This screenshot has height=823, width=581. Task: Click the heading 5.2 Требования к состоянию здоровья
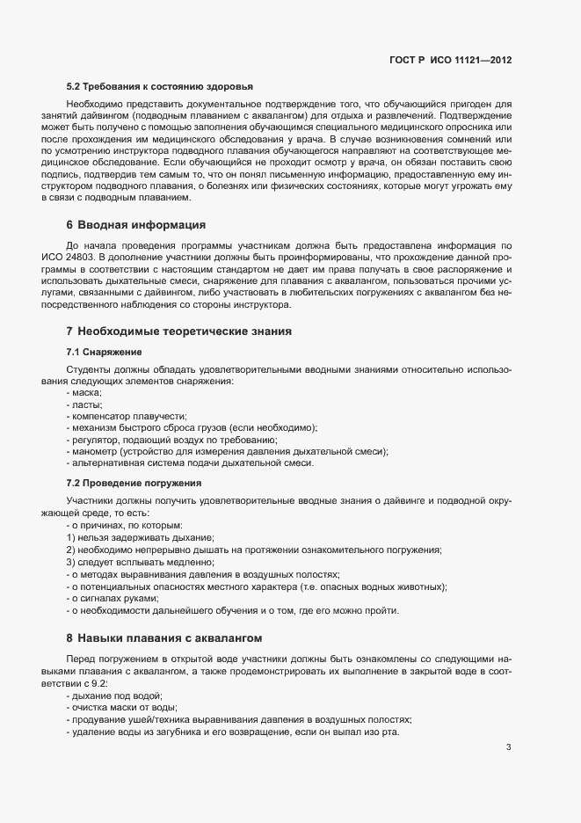[x=160, y=86]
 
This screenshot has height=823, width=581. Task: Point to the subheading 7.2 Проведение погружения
[x=134, y=483]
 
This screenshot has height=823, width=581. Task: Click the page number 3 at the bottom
[x=508, y=747]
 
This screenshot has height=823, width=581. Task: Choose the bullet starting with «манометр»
[x=227, y=451]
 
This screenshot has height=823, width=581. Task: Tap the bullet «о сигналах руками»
[x=112, y=598]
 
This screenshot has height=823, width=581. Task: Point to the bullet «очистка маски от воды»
[x=121, y=707]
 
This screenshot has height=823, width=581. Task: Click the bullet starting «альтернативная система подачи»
[x=189, y=462]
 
